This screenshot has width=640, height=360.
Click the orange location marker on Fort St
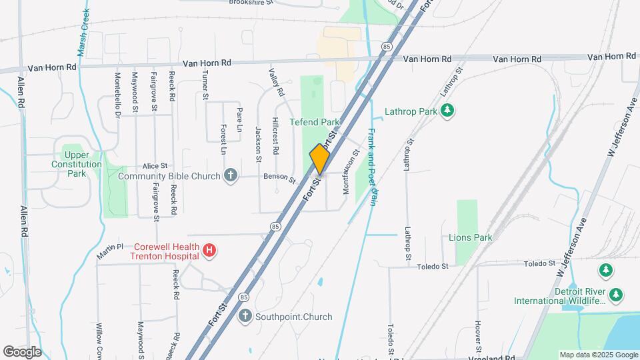click(320, 159)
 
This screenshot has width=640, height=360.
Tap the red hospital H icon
click(209, 251)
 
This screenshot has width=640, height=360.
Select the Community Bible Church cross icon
click(231, 176)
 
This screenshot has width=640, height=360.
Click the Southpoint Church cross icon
click(245, 316)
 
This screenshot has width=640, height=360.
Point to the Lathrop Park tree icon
click(449, 111)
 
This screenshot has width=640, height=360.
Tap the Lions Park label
click(471, 237)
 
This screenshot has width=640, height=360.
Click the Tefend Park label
click(315, 122)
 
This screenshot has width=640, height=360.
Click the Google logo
click(22, 351)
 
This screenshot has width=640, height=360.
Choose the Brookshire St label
click(251, 3)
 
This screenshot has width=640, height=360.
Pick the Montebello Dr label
click(117, 95)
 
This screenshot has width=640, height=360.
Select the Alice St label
click(154, 166)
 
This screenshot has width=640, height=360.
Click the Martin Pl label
click(110, 247)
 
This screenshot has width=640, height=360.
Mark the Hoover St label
click(479, 337)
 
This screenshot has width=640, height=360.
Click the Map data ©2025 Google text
click(598, 355)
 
